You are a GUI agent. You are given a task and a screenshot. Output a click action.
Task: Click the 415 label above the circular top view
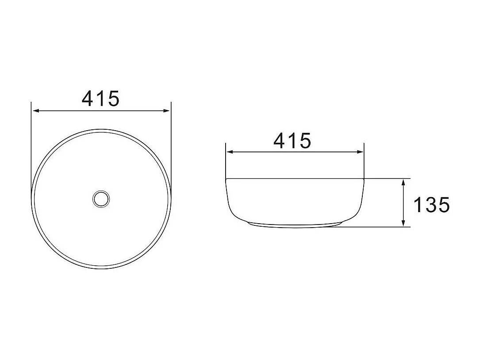pos(101,98)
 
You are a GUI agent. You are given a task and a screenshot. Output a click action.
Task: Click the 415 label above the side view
pos(292,141)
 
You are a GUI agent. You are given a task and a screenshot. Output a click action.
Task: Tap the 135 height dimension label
pos(431,205)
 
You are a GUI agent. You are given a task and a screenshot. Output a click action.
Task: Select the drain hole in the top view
pos(101,198)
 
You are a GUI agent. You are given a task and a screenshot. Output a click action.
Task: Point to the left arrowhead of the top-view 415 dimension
pos(35,111)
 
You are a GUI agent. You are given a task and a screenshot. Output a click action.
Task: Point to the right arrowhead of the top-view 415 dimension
pos(167,111)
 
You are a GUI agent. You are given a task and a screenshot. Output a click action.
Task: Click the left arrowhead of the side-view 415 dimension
pos(230,152)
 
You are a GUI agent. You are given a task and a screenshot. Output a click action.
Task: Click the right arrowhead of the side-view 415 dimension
pos(360,152)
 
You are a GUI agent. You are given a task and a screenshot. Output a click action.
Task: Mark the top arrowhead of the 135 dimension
pos(403,182)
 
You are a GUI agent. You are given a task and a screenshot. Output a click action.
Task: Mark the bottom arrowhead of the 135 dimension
pos(403,223)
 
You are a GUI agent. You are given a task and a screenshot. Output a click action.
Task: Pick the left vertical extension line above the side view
pos(226,159)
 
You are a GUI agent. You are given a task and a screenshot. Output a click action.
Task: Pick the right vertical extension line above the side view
pos(364,159)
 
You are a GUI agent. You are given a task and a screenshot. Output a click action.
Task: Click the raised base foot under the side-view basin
pos(295,225)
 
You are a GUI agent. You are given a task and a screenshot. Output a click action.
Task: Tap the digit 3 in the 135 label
pos(431,205)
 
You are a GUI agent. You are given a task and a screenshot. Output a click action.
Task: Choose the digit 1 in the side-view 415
pos(293,141)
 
